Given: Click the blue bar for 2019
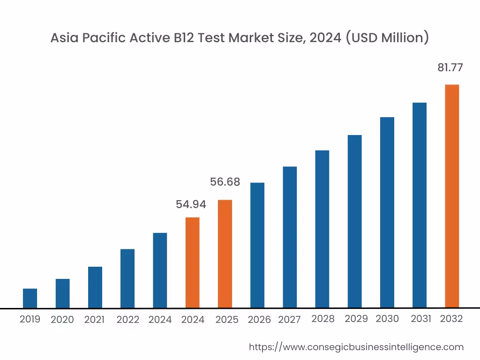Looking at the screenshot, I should [30, 298].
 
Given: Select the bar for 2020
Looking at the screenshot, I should [62, 293].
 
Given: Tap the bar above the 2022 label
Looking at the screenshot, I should [127, 278].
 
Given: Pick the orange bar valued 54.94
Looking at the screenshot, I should [192, 262].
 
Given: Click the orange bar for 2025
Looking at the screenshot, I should [225, 254].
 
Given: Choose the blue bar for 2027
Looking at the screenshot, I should [290, 237].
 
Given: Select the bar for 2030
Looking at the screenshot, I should [387, 212].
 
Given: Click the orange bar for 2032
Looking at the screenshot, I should [452, 196].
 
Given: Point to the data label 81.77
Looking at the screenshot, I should [450, 67].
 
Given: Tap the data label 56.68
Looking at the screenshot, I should [225, 182].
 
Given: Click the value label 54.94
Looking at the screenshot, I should [191, 204].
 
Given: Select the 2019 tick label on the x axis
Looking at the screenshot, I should [30, 319].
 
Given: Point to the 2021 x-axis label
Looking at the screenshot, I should [94, 320].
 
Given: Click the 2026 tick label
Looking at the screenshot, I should [259, 320].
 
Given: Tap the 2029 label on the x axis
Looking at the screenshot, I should [356, 319].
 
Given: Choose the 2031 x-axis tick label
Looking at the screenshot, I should [421, 319].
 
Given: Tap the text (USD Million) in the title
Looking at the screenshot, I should [387, 38].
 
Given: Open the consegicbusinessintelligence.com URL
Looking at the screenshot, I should [356, 347].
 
